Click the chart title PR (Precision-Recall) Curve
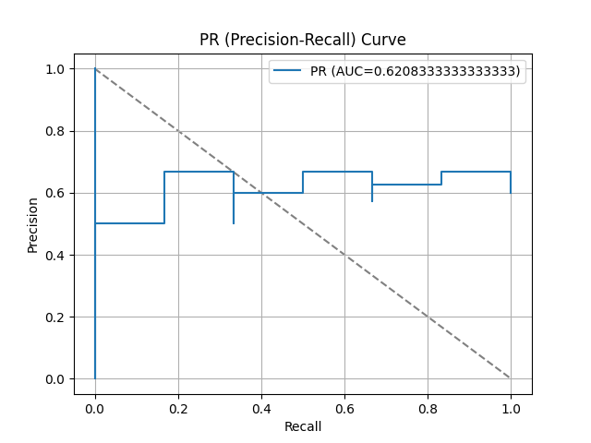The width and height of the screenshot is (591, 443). [x=303, y=40]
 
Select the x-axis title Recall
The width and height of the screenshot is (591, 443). [x=303, y=426]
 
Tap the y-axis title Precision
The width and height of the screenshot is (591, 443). [x=33, y=224]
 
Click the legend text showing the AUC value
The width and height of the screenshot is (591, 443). [x=415, y=71]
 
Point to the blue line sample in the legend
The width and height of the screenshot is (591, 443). [x=287, y=71]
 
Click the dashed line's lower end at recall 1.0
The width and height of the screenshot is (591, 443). [x=511, y=378]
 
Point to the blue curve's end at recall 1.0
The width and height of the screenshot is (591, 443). [x=511, y=193]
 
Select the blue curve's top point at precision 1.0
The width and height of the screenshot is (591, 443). [x=95, y=69]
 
